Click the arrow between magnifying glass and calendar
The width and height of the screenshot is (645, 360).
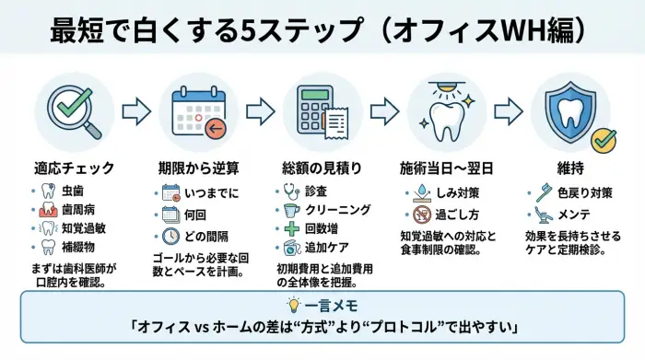(x=135, y=112)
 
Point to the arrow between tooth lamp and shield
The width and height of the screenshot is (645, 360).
(x=511, y=112)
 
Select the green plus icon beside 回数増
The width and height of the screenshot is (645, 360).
(x=292, y=229)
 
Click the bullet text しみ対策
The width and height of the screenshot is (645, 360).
(x=458, y=192)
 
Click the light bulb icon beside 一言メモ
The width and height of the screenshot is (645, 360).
(x=294, y=304)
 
